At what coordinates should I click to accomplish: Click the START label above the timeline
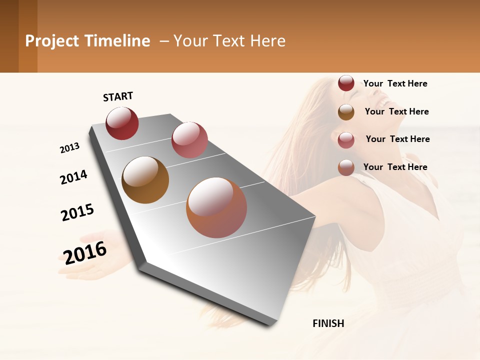118,96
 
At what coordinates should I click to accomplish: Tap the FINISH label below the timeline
328,323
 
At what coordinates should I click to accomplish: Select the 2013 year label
69,148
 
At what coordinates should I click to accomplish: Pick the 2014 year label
73,177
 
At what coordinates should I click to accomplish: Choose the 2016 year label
85,252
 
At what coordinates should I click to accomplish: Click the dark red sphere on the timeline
122,123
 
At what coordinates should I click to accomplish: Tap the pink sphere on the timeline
189,139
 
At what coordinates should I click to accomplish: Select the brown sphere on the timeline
145,180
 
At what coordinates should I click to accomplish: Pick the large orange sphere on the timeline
216,207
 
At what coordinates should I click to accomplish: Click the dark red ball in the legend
346,83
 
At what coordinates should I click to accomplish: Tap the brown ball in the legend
346,112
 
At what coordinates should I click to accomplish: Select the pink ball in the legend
346,140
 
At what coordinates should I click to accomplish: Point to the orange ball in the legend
346,167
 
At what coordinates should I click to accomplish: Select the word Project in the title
52,41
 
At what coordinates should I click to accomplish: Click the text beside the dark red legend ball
395,83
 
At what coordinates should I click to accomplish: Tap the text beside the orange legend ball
395,167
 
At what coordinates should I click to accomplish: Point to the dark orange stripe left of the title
27,36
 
